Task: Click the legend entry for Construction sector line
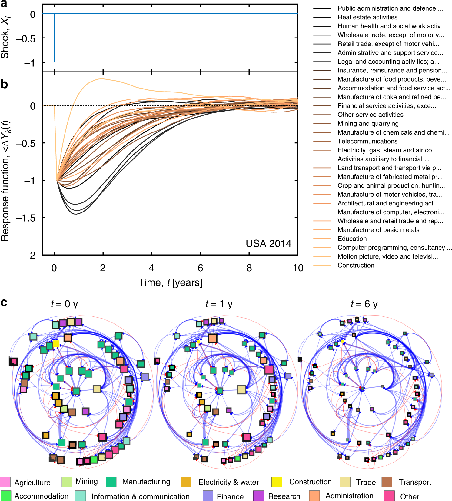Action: pos(356,266)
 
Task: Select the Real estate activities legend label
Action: pos(367,17)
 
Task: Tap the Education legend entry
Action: pos(352,239)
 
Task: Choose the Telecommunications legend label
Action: pos(367,141)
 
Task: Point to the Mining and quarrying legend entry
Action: pos(368,124)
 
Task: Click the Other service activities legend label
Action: pos(370,115)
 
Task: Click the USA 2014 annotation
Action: pos(268,244)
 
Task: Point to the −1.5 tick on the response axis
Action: pos(25,218)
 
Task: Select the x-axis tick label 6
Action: pos(200,268)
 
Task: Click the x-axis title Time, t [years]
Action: pos(170,283)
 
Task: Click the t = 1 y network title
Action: pos(219,304)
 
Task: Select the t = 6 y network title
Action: pos(364,304)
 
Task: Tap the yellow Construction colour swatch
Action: pos(277,482)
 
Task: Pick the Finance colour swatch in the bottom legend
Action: pos(208,496)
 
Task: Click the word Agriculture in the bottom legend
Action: pos(32,483)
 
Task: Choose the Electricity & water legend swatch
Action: pos(186,482)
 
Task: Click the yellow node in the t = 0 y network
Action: pos(56,344)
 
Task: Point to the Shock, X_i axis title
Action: pos(5,38)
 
